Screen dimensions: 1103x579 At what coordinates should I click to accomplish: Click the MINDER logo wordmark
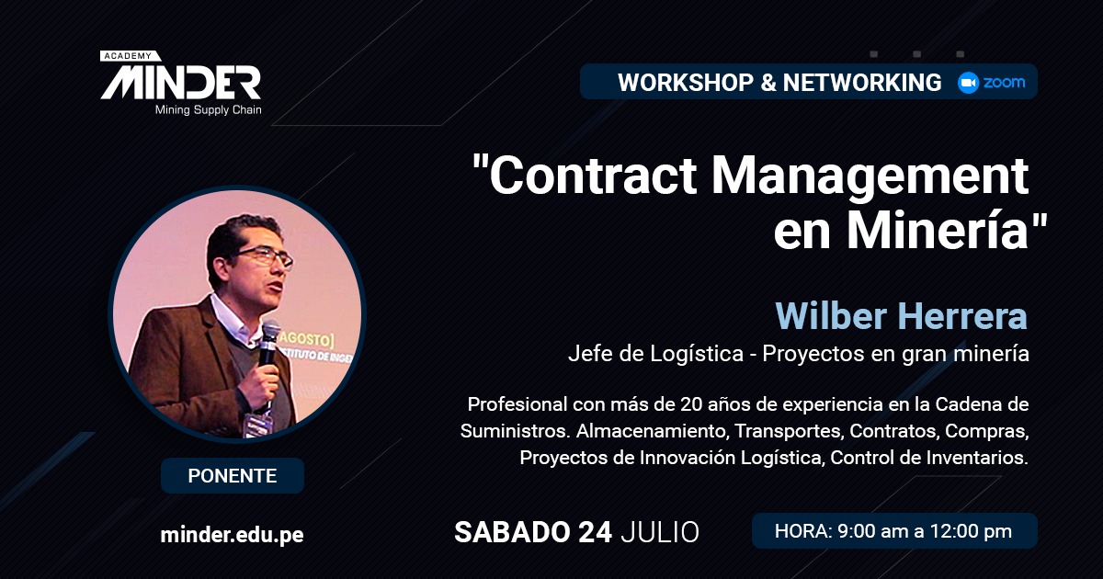pyautogui.click(x=181, y=84)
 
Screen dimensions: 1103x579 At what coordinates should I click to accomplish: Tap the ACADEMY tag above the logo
pyautogui.click(x=128, y=56)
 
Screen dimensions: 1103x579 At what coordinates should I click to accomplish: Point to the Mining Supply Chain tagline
pyautogui.click(x=209, y=110)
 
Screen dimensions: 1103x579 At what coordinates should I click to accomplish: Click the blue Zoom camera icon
pyautogui.click(x=968, y=82)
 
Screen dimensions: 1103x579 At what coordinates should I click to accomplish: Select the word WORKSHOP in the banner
pyautogui.click(x=686, y=82)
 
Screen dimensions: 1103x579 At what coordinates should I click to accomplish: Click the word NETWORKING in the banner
pyautogui.click(x=862, y=82)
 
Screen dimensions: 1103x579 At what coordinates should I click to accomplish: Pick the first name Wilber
pyautogui.click(x=831, y=316)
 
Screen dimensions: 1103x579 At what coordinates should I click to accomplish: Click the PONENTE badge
pyautogui.click(x=233, y=476)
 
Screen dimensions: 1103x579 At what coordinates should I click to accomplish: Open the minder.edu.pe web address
pyautogui.click(x=232, y=535)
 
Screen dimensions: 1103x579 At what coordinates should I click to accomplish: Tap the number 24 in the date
pyautogui.click(x=595, y=532)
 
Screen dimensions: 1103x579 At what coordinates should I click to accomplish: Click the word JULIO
pyautogui.click(x=660, y=532)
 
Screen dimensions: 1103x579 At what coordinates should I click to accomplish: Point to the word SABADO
pyautogui.click(x=511, y=532)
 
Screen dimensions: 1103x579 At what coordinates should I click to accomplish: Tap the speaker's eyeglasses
pyautogui.click(x=265, y=257)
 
